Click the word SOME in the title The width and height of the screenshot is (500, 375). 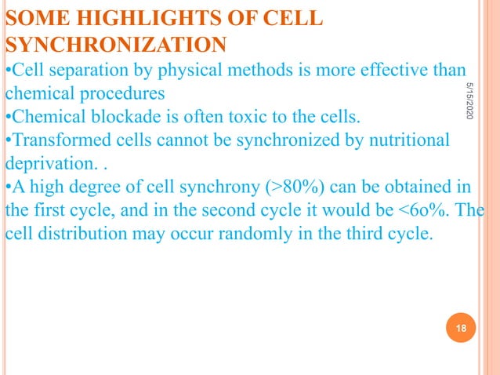[x=31, y=18]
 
